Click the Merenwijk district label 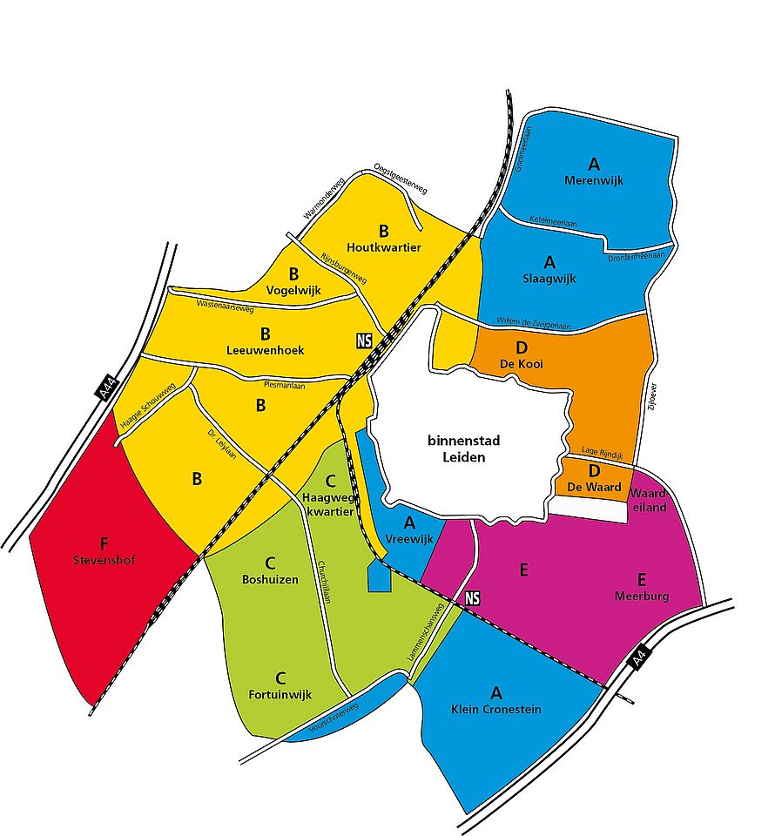point(594,180)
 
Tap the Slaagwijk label point(549,279)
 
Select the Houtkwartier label point(383,247)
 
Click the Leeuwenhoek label point(266,349)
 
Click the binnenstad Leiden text point(462,448)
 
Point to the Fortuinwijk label point(280,694)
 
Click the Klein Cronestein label point(496,709)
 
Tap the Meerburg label point(641,597)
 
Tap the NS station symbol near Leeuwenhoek point(364,340)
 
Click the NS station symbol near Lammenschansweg point(473,598)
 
